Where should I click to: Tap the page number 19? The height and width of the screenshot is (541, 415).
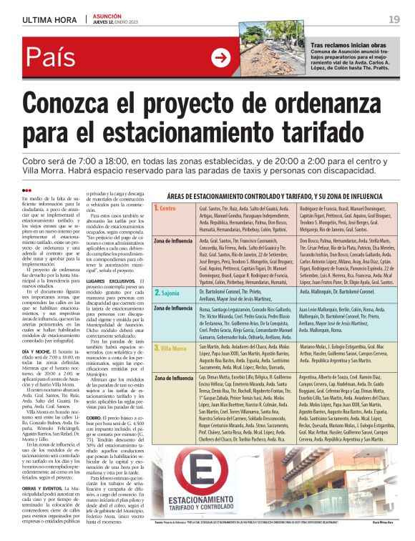(394, 19)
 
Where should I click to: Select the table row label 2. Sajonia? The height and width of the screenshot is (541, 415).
(169, 293)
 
